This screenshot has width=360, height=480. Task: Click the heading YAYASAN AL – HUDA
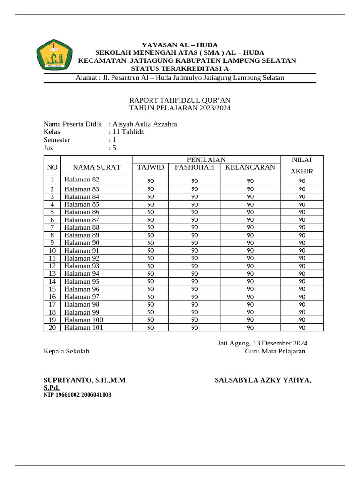[x=180, y=44]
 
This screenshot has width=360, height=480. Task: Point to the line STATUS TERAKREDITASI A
[x=180, y=69]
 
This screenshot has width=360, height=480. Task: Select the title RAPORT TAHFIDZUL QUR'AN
[x=180, y=100]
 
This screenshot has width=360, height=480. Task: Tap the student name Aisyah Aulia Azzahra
[x=144, y=124]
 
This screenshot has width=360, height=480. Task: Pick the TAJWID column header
[x=150, y=167]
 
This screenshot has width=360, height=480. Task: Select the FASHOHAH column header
[x=194, y=167]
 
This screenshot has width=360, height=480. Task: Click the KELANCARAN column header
[x=250, y=167]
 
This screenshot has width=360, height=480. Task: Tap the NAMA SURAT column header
[x=97, y=167]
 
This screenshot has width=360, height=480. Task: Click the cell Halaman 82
[x=82, y=180]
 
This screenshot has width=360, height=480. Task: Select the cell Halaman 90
[x=82, y=243]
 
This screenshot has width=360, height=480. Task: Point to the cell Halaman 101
[x=84, y=328]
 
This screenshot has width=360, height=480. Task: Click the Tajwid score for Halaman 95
[x=151, y=282]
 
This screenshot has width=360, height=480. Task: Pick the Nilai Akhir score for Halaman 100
[x=302, y=320]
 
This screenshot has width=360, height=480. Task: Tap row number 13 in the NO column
[x=52, y=274]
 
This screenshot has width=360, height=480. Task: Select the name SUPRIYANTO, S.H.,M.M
[x=84, y=380]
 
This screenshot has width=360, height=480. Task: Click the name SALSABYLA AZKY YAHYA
[x=263, y=380]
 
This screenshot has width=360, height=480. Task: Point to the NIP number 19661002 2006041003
[x=77, y=395]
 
